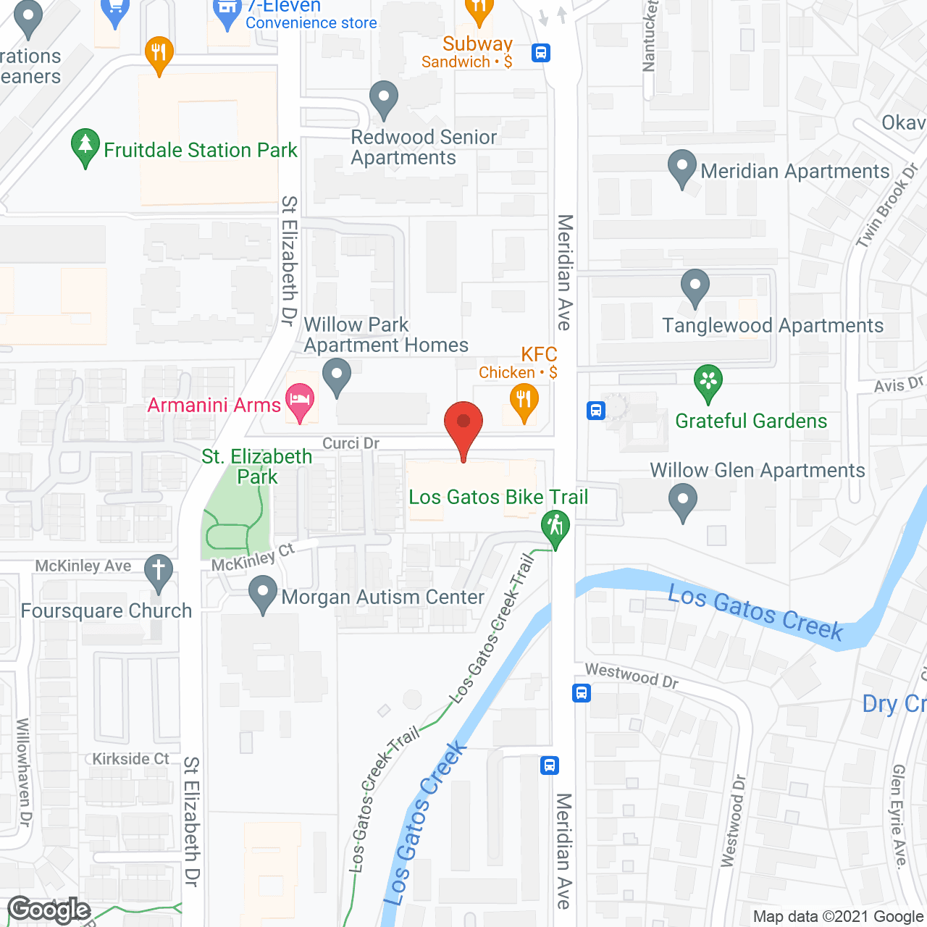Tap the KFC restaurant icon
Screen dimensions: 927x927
click(524, 400)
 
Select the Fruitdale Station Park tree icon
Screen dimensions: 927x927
click(85, 146)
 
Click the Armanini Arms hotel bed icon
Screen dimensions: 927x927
click(300, 400)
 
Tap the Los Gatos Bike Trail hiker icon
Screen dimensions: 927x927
click(555, 527)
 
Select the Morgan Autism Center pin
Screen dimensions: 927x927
click(262, 593)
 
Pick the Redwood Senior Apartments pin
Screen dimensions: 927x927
click(384, 98)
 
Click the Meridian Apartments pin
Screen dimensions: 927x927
click(681, 167)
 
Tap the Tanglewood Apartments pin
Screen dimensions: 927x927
click(695, 287)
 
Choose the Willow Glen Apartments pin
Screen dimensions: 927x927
click(682, 500)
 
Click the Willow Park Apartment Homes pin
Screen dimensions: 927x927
click(336, 376)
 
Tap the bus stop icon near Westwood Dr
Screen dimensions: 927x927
click(582, 693)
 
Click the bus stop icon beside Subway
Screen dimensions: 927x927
click(541, 53)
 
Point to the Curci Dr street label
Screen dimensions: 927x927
click(351, 443)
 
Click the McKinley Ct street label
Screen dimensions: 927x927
click(253, 557)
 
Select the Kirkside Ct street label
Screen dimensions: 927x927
click(130, 759)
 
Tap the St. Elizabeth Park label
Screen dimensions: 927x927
click(257, 466)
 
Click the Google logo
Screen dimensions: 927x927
click(49, 910)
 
